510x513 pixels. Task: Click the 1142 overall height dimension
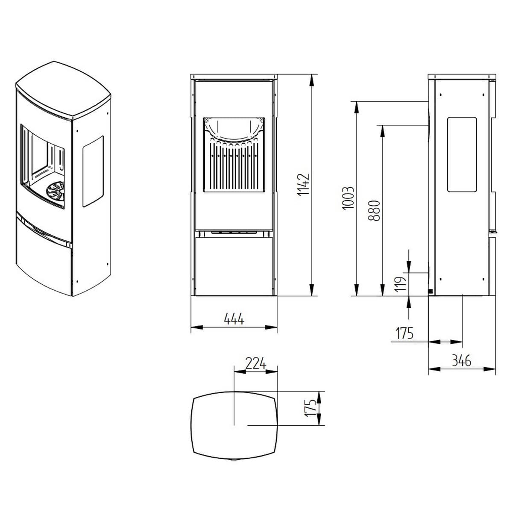(303, 185)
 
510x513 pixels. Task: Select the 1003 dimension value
(348, 198)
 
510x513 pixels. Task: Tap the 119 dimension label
(401, 284)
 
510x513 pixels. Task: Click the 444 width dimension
(234, 319)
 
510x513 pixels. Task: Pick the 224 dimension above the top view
(256, 363)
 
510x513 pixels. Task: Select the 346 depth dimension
(462, 360)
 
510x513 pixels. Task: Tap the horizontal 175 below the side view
(404, 333)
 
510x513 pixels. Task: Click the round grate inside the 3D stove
(56, 191)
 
